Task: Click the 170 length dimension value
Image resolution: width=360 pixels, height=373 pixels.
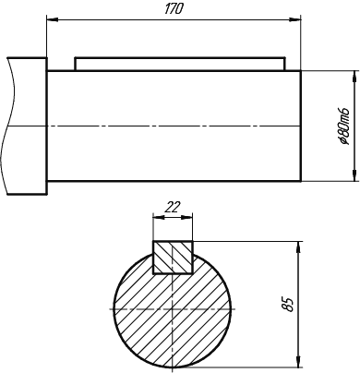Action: tap(174, 9)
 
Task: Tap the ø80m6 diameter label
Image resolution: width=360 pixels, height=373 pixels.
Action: tap(343, 126)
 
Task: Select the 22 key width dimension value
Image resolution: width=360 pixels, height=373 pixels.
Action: tap(173, 208)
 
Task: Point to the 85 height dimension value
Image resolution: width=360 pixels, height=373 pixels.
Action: tap(290, 305)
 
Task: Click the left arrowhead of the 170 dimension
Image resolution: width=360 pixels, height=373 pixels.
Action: tap(52, 19)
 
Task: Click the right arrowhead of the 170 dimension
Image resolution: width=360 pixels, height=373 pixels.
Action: tap(294, 19)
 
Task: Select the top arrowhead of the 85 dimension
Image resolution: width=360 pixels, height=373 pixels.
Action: tap(298, 247)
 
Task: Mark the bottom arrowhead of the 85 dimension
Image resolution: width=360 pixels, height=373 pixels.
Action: tap(298, 361)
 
